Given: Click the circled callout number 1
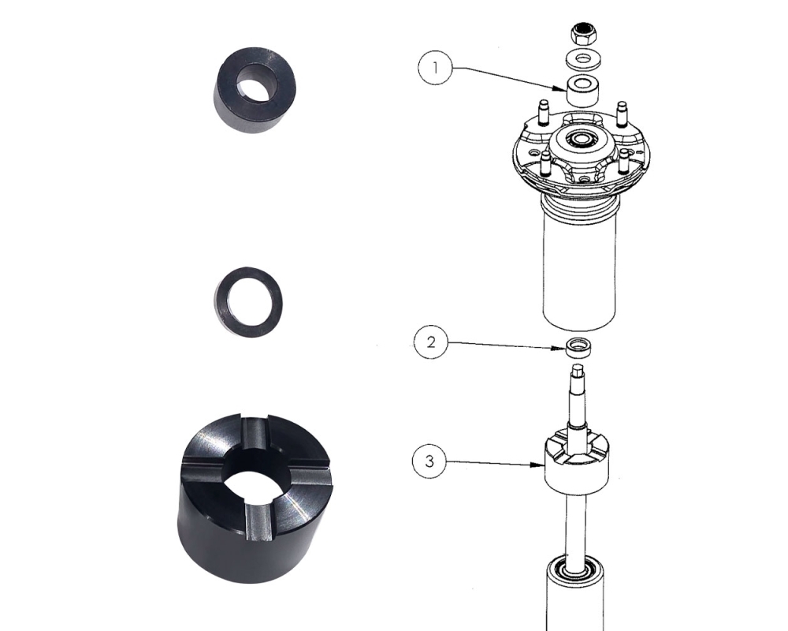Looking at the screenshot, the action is pyautogui.click(x=435, y=67).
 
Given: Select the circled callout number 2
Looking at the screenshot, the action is pyautogui.click(x=431, y=342).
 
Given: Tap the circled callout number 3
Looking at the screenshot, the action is pyautogui.click(x=429, y=461).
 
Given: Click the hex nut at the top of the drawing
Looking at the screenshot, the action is pyautogui.click(x=582, y=34).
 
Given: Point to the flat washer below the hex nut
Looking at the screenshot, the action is pyautogui.click(x=583, y=59).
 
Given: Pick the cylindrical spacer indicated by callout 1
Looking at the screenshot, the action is pyautogui.click(x=583, y=90).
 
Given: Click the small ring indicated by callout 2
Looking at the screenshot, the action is pyautogui.click(x=578, y=348).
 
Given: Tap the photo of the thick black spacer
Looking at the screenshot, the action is pyautogui.click(x=255, y=91).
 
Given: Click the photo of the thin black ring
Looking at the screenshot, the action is pyautogui.click(x=248, y=302).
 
